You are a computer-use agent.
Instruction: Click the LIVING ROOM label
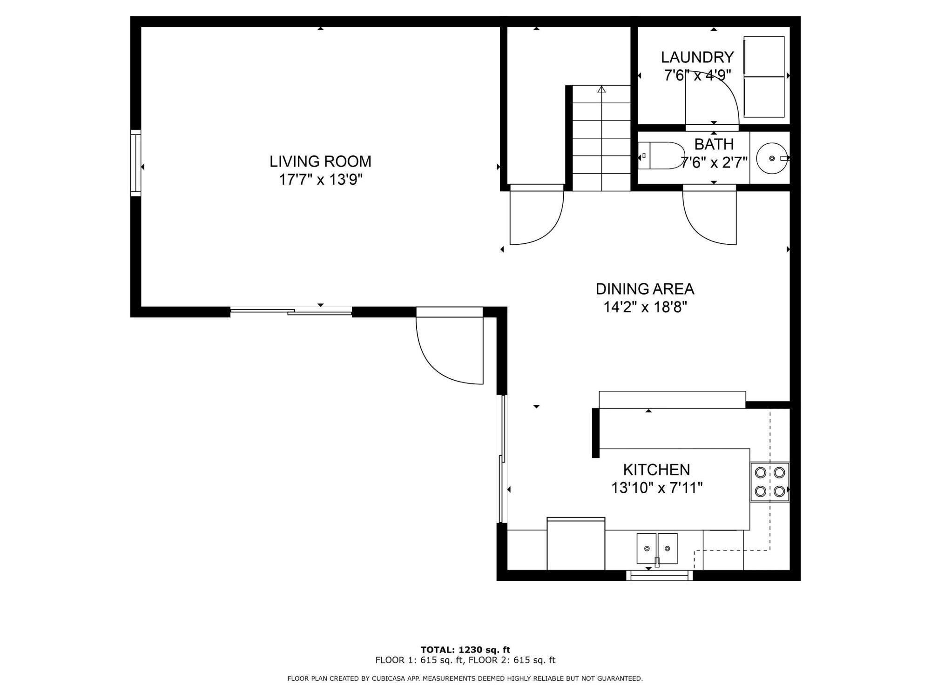pos(320,161)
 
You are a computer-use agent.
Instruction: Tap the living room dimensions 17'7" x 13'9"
pos(320,180)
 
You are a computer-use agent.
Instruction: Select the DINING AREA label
pos(645,289)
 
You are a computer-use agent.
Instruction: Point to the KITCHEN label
pos(656,470)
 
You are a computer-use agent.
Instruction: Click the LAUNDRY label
pos(697,57)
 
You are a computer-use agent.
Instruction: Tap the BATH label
pos(714,144)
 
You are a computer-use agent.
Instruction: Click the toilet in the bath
pos(661,155)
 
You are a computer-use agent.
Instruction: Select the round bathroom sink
pos(772,158)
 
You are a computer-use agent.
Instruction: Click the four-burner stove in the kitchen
pos(770,482)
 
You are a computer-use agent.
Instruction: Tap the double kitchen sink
pos(657,549)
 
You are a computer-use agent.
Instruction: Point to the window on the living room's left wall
pos(135,162)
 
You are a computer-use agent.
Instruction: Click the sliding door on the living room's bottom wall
pos(291,311)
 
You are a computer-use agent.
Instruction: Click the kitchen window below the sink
pos(659,575)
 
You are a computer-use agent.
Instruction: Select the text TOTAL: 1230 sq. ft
pos(465,650)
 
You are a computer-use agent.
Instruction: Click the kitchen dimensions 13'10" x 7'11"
pos(656,488)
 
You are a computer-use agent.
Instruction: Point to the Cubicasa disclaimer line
pos(465,678)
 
